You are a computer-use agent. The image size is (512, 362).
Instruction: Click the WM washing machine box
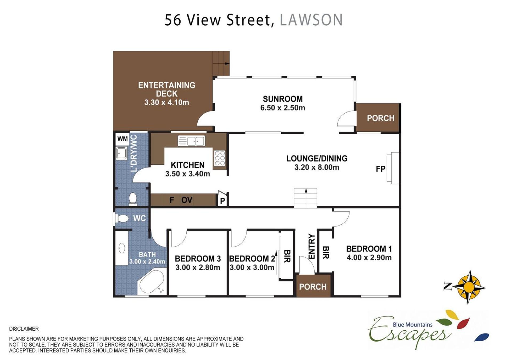pos(122,139)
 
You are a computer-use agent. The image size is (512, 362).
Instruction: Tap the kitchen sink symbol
pos(191,141)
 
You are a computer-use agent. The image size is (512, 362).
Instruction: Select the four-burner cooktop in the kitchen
pos(220,158)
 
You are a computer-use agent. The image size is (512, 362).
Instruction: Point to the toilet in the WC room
pos(121,219)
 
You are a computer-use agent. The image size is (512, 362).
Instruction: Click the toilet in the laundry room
pos(133,199)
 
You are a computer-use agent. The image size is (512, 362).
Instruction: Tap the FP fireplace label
pos(381,169)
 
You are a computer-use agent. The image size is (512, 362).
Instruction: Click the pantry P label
pos(222,201)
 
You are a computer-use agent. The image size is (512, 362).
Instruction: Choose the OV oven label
pos(187,200)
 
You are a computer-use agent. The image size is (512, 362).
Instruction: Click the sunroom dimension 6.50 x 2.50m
pos(283,108)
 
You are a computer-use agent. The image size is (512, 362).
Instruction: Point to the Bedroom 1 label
pos(369,249)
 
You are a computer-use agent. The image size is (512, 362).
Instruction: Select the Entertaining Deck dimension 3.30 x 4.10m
pos(167,102)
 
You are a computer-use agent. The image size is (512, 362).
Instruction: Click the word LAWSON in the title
pos(311,20)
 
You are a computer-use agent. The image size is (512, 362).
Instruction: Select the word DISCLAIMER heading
pos(24,329)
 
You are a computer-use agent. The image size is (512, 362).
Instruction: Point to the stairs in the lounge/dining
pos(306,198)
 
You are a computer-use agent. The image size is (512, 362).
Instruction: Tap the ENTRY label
pos(312,246)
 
